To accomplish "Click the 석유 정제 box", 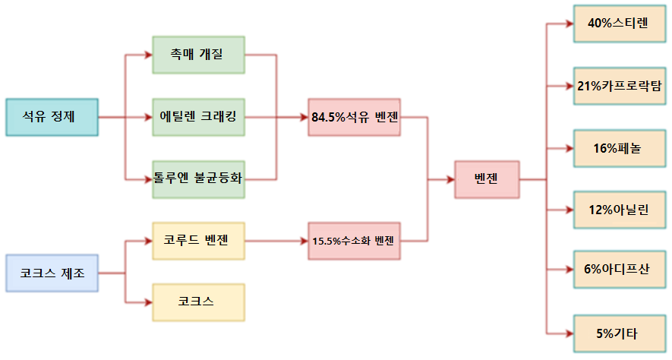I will (52, 117).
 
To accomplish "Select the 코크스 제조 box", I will (52, 273).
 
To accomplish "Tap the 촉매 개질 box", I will (198, 55).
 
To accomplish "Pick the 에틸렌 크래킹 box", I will (198, 117).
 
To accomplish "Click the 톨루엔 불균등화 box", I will (198, 179).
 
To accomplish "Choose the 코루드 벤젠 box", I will (198, 241).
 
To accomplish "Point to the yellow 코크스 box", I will (198, 302).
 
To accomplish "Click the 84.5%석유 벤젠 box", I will (355, 117).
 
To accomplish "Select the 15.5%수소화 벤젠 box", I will (355, 241).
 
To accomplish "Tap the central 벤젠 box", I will (486, 180).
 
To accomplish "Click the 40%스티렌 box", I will (618, 24).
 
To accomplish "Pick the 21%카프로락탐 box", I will (618, 86).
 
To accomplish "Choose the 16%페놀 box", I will (618, 148).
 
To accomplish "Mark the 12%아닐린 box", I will (618, 210).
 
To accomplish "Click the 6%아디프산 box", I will (618, 272).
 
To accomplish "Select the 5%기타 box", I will (618, 334).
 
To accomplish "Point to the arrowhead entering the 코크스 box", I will (148, 302).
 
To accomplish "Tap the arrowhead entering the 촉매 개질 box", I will (148, 55).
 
